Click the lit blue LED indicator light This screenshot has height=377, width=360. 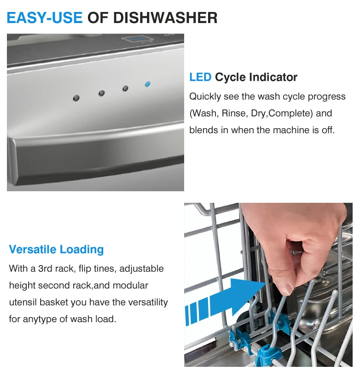(147, 84)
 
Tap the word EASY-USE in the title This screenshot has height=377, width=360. (45, 18)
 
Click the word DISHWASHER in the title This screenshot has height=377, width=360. (165, 18)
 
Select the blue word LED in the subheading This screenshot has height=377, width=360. (200, 77)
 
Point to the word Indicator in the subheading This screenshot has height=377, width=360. (273, 77)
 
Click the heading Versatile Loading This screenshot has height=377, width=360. (57, 249)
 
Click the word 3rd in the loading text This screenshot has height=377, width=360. (45, 269)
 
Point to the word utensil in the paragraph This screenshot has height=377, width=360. (23, 302)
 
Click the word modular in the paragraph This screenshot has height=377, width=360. (130, 285)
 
